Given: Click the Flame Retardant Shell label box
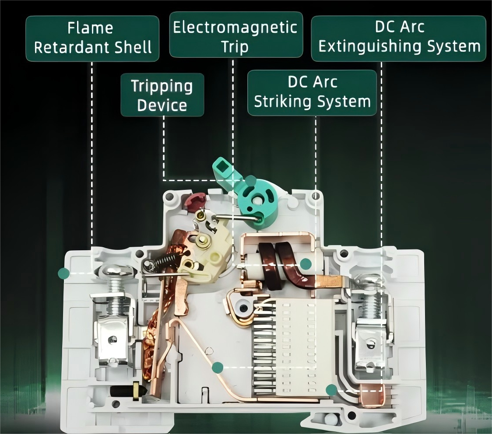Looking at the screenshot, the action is point(92,38).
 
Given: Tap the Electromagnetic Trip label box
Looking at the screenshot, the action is point(236,35).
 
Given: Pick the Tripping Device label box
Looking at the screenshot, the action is point(162,94).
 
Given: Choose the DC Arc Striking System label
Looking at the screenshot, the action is point(312,92).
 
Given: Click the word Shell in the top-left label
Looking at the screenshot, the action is point(133,47).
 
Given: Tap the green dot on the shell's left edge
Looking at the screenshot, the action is point(64,273).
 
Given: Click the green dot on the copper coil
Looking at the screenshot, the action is point(306,264).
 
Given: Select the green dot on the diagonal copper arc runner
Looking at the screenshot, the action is point(218,367).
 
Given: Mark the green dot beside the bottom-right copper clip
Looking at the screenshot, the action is point(331,390).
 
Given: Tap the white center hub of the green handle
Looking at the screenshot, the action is point(258,200).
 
